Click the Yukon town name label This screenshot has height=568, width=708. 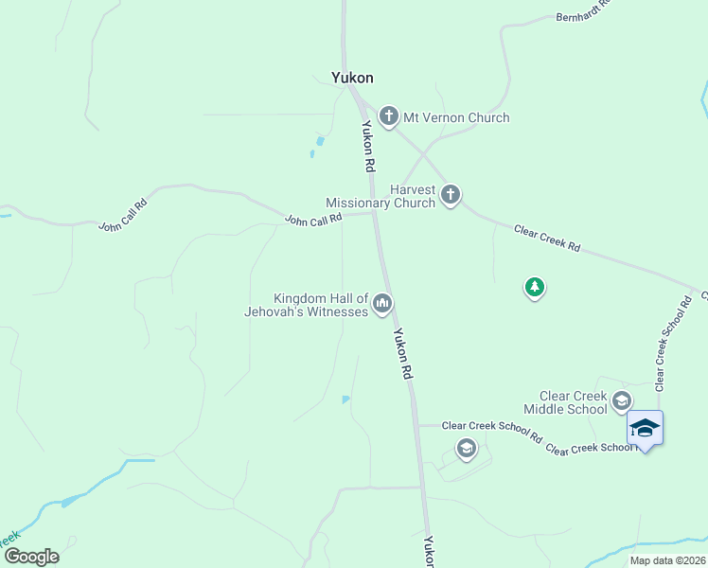[x=352, y=78]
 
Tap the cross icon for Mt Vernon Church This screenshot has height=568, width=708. [x=388, y=117]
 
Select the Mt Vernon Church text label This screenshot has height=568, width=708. [x=456, y=118]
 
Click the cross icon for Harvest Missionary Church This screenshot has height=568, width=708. [x=451, y=196]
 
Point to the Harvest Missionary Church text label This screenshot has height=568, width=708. [x=381, y=196]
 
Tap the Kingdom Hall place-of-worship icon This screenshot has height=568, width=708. [x=382, y=303]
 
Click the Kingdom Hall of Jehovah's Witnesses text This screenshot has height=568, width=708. [x=320, y=305]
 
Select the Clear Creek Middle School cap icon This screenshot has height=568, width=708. [x=622, y=400]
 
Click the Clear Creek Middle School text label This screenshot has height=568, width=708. [x=573, y=402]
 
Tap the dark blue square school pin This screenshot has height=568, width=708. [x=645, y=429]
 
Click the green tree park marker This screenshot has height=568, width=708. [x=535, y=287]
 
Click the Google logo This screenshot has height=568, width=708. [x=31, y=557]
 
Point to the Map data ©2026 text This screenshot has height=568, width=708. [x=667, y=560]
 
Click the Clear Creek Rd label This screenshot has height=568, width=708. [x=547, y=238]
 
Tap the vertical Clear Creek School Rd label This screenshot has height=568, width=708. [x=673, y=342]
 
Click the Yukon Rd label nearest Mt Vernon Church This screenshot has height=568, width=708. [x=366, y=146]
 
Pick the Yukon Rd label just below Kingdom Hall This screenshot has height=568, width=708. [x=404, y=354]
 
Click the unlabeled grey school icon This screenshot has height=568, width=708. [x=466, y=448]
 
